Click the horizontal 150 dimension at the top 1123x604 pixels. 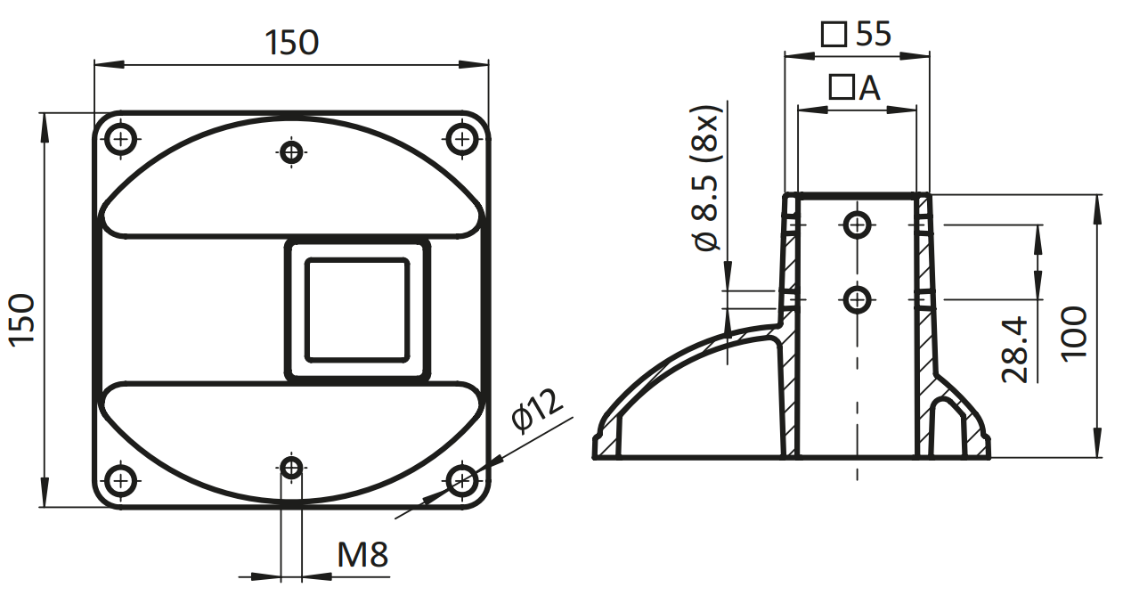[x=291, y=43]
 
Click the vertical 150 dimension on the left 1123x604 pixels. [x=22, y=320]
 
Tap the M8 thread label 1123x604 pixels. [x=362, y=555]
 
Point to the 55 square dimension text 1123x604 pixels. [x=874, y=34]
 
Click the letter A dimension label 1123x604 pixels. [x=870, y=88]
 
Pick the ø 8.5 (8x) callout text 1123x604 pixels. [x=706, y=178]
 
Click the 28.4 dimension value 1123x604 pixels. [x=1014, y=349]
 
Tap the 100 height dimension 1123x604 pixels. [x=1074, y=333]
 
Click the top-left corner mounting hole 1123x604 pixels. [x=121, y=138]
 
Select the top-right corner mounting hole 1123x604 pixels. [x=461, y=138]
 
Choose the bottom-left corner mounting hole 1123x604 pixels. [x=121, y=480]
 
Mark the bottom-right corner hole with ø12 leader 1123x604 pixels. [x=461, y=480]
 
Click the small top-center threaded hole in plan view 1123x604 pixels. [x=291, y=151]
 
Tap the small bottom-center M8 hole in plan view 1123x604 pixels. [x=291, y=469]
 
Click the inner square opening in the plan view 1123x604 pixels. [x=357, y=310]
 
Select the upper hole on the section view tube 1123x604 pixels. [x=857, y=224]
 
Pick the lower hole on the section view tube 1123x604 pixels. [x=857, y=300]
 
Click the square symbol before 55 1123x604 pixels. [x=834, y=35]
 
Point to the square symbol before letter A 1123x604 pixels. [x=842, y=87]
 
